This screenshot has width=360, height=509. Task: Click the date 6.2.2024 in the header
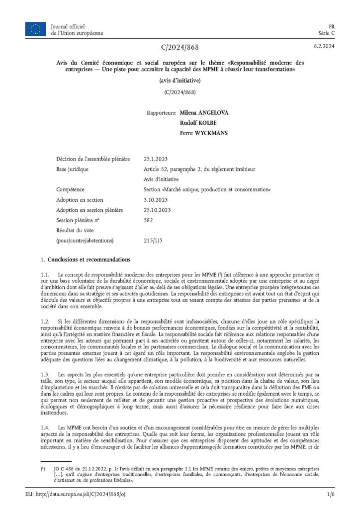pyautogui.click(x=323, y=47)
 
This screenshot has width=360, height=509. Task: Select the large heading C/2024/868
pyautogui.click(x=180, y=47)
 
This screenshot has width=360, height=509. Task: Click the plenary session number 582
pyautogui.click(x=148, y=220)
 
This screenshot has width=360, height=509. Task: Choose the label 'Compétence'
pyautogui.click(x=71, y=189)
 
